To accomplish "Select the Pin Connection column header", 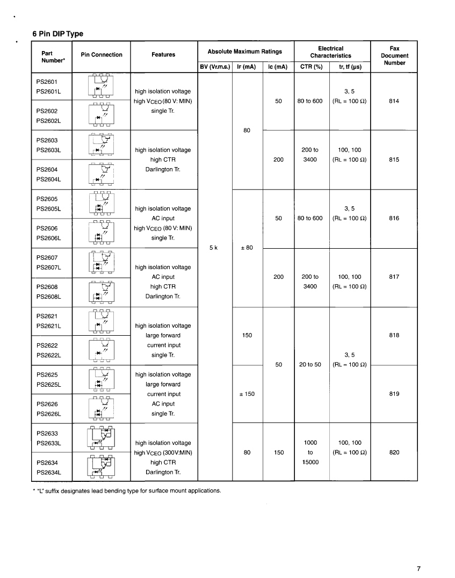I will (x=101, y=55).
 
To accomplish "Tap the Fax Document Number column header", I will (x=394, y=55).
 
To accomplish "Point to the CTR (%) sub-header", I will (x=310, y=67).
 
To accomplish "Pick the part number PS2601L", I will (x=49, y=91).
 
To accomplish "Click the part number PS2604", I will (x=47, y=169).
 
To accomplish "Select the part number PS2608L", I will (x=49, y=296).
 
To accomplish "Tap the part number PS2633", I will (x=47, y=433).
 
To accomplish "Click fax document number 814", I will (x=394, y=101).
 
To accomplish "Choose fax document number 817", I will (x=394, y=277).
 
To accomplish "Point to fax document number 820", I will (x=394, y=452).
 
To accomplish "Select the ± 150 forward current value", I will (x=247, y=394).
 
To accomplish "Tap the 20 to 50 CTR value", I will (x=310, y=364).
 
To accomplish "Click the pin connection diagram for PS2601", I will (x=101, y=86).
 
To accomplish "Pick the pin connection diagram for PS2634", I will (x=101, y=466).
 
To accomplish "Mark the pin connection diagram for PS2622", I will (x=101, y=350).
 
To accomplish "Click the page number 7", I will (x=418, y=569).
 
